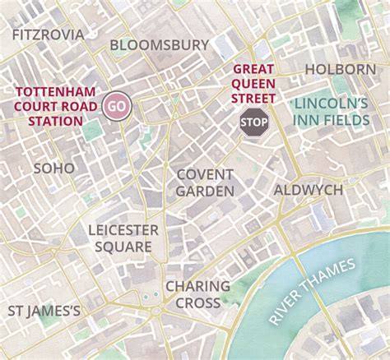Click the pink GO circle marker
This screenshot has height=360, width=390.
click(x=117, y=107)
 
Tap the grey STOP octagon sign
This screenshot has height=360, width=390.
click(x=253, y=122)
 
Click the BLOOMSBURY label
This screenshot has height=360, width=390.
click(x=160, y=45)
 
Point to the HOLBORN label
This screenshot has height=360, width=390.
click(x=340, y=69)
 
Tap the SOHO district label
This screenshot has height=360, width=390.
click(x=53, y=168)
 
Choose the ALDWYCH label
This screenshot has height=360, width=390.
click(x=308, y=190)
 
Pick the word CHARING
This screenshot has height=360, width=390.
click(x=197, y=286)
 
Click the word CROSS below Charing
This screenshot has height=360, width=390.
click(x=197, y=303)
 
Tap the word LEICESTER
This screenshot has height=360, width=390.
click(x=123, y=229)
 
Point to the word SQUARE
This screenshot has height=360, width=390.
click(x=123, y=247)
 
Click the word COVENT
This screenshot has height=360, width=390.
click(x=205, y=174)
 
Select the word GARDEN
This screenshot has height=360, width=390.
click(x=205, y=192)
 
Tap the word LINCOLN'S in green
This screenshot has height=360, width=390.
click(x=331, y=104)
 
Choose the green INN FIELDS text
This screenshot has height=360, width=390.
click(x=331, y=121)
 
